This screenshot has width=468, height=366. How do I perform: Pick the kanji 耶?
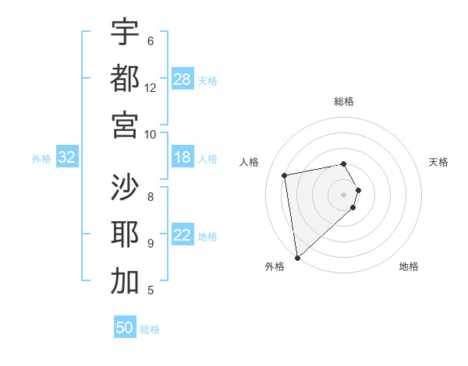(125, 234)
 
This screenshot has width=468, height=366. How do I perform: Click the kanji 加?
(125, 281)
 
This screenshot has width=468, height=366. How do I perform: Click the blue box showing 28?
(183, 79)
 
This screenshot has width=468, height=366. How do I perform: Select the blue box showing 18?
(183, 158)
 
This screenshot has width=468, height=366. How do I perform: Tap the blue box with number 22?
(183, 236)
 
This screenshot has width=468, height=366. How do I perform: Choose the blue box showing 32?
(67, 158)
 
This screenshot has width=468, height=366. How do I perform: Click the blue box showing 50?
(125, 328)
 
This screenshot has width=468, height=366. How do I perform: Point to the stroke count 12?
(151, 87)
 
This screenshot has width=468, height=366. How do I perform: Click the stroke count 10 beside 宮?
(151, 134)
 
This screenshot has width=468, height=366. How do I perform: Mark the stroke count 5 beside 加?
(151, 290)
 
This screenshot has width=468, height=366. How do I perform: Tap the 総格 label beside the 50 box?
(150, 329)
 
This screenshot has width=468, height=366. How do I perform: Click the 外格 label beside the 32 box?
(41, 159)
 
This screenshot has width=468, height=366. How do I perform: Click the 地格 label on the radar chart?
(409, 266)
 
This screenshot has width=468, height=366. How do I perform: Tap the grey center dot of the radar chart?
(343, 194)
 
